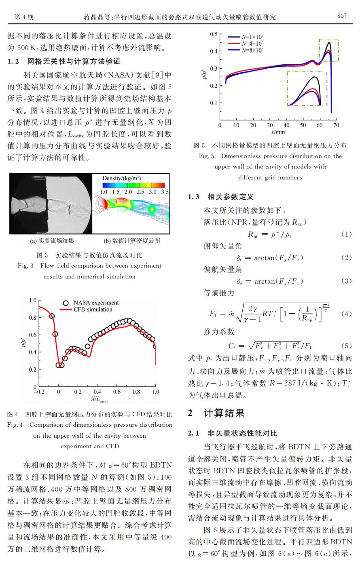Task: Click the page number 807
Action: pyautogui.click(x=341, y=16)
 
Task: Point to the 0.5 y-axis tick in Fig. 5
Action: pyautogui.click(x=214, y=34)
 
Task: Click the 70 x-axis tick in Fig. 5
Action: pyautogui.click(x=336, y=125)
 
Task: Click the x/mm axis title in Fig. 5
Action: pyautogui.click(x=278, y=132)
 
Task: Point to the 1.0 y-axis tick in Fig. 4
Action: pyautogui.click(x=33, y=300)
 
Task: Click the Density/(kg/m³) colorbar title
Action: pyautogui.click(x=121, y=178)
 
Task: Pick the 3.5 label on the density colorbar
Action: pyautogui.click(x=165, y=192)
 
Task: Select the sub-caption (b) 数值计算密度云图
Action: pyautogui.click(x=132, y=241)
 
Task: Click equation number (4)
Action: pyautogui.click(x=346, y=313)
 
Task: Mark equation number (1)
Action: pyautogui.click(x=346, y=234)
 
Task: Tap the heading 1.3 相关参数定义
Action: pyautogui.click(x=221, y=197)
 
